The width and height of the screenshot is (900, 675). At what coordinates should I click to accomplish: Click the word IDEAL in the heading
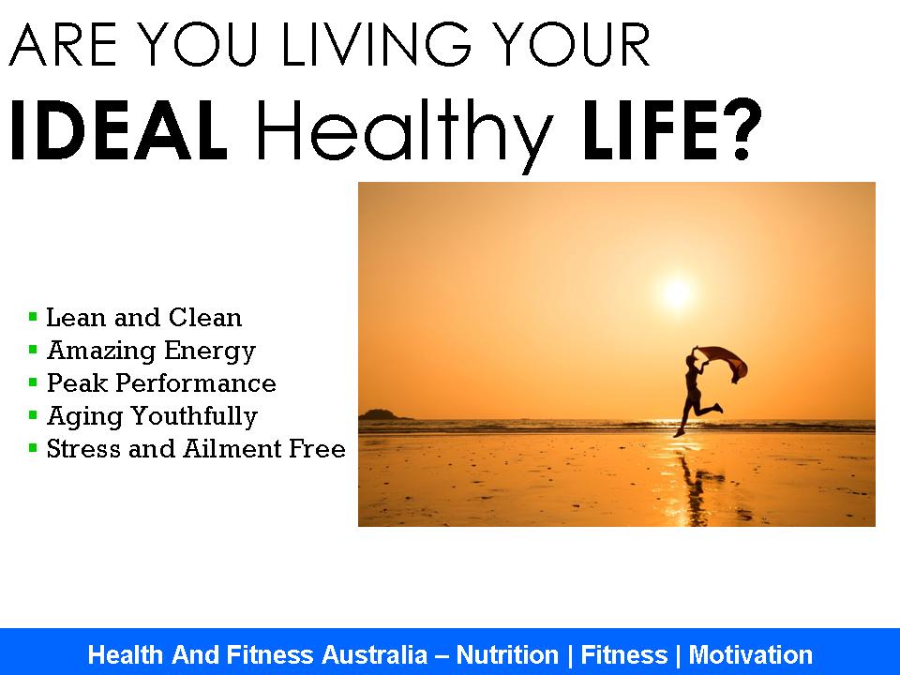119,130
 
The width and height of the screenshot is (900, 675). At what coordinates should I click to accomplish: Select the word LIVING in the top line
376,44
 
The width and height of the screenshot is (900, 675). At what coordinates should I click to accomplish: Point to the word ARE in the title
63,44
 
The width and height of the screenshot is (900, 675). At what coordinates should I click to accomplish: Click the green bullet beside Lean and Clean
33,316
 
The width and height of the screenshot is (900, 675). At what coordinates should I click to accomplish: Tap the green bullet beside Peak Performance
33,382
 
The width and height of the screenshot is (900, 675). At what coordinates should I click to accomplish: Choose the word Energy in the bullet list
210,352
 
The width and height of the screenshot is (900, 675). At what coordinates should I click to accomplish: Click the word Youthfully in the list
195,416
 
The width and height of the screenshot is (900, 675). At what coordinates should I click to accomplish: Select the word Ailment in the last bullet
233,449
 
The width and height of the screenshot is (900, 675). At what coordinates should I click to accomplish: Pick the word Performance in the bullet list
196,383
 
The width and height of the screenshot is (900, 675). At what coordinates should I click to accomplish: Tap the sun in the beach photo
677,293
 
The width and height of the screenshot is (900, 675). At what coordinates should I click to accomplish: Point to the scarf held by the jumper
725,363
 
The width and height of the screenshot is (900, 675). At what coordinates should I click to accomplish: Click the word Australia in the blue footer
374,655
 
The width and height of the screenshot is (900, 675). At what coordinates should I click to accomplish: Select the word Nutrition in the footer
507,655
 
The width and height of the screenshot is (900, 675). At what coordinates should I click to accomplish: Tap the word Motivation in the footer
751,655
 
